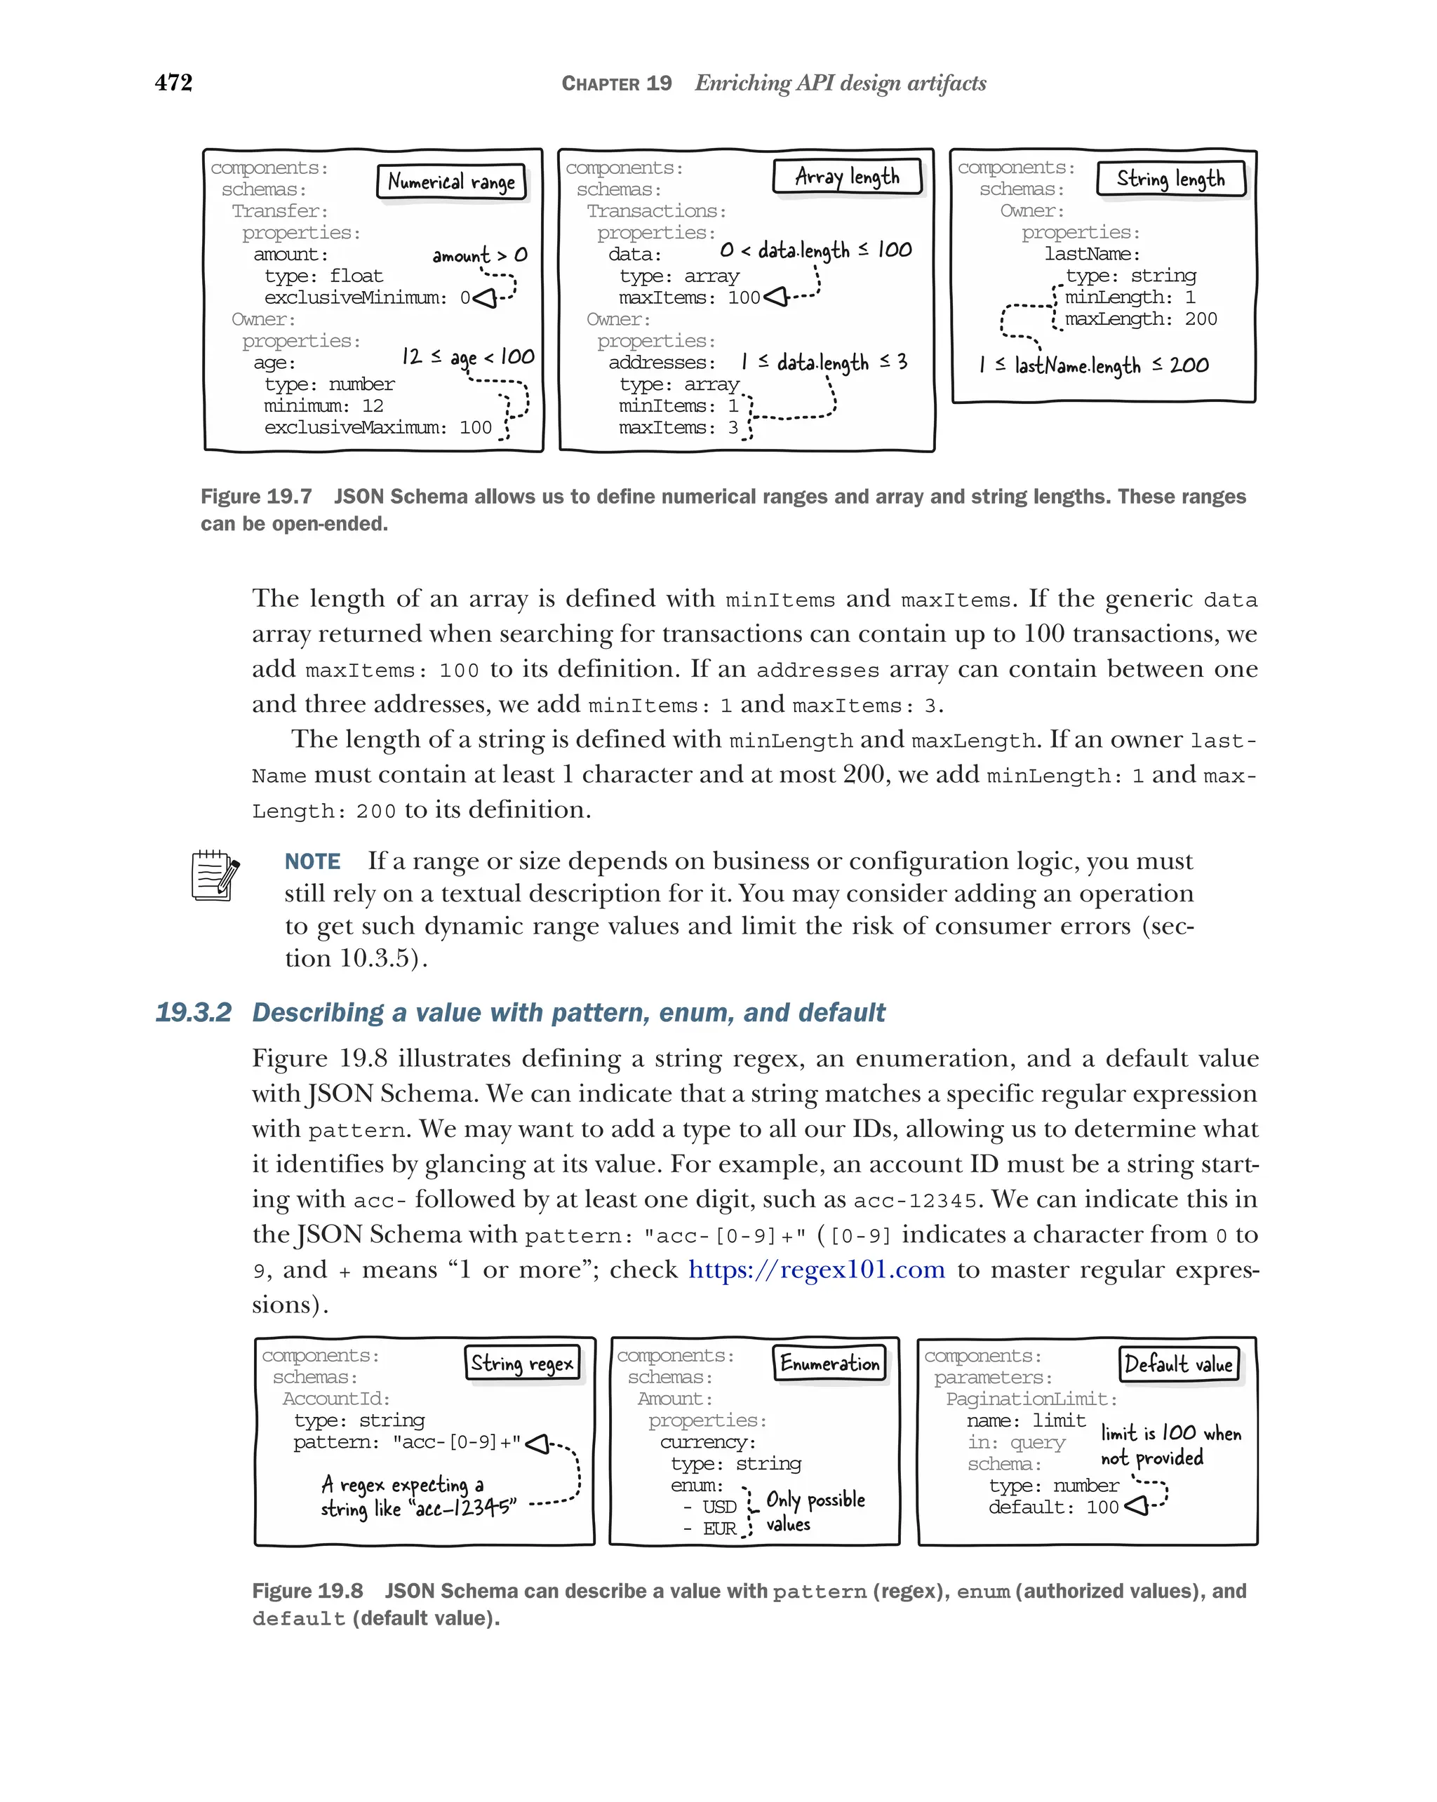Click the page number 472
(174, 83)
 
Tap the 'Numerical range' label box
(451, 182)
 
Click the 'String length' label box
(1170, 180)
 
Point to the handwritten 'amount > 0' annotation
(480, 255)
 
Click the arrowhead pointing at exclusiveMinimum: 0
(486, 298)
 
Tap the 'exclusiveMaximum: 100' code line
(378, 428)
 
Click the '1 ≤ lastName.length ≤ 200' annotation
(1093, 365)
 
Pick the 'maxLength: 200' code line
(1140, 319)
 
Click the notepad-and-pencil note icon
(215, 875)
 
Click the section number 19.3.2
(193, 1012)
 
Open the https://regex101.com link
(816, 1270)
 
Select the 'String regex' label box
(521, 1363)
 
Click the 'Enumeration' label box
(829, 1363)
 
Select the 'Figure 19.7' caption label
(256, 497)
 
